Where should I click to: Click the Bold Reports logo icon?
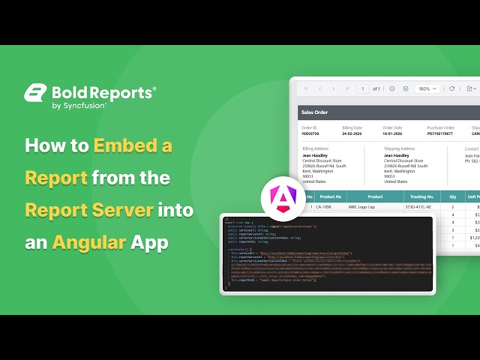(35, 93)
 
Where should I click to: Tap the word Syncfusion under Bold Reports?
(85, 106)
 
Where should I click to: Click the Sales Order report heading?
(315, 112)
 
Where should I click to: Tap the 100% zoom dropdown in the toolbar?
(428, 88)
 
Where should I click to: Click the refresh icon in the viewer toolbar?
(451, 88)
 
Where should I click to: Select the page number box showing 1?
(363, 88)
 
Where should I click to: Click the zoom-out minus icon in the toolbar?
(391, 88)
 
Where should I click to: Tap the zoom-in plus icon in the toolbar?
(406, 88)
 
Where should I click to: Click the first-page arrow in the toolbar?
(306, 88)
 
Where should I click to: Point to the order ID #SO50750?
(310, 133)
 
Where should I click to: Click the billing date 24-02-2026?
(354, 133)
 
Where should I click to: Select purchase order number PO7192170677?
(440, 133)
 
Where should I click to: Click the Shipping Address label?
(400, 149)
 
